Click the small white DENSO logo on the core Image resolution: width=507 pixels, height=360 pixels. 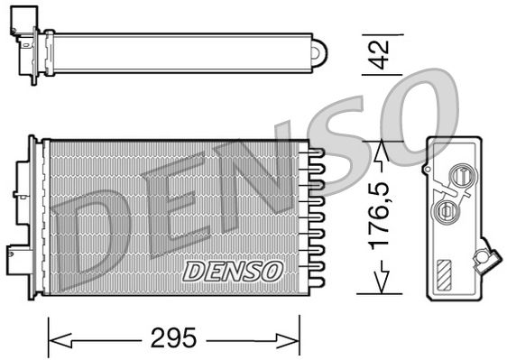(234, 269)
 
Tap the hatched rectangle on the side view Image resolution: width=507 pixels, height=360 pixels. (446, 273)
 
